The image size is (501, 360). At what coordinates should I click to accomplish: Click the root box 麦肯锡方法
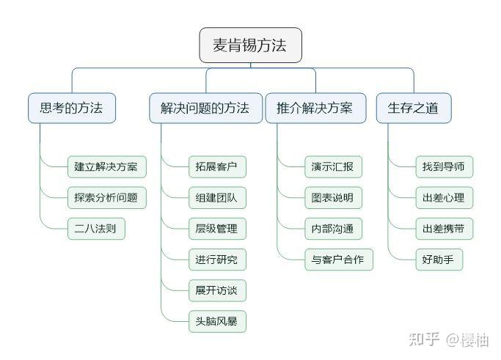[250, 45]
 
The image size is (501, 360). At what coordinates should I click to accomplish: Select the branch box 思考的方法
[71, 108]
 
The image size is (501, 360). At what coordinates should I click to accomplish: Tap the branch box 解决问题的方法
[205, 108]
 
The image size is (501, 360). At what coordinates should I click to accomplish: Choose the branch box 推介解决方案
[315, 108]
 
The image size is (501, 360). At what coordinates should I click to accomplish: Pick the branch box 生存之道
[413, 108]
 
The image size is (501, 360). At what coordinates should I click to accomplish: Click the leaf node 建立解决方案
[106, 166]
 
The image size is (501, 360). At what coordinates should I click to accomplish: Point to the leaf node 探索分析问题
[106, 197]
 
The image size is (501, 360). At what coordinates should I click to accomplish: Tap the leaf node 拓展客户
[216, 166]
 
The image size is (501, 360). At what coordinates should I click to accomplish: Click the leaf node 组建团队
[216, 197]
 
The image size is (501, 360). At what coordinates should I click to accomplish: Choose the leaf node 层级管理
[216, 228]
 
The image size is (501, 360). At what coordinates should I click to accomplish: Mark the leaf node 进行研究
[216, 260]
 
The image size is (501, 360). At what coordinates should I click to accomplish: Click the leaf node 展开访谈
[216, 290]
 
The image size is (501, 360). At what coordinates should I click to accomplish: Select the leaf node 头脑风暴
[216, 321]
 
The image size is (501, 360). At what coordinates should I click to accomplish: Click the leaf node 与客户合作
[339, 260]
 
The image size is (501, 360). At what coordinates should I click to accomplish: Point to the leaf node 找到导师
[443, 166]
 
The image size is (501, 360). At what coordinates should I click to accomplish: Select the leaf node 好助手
[438, 260]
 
